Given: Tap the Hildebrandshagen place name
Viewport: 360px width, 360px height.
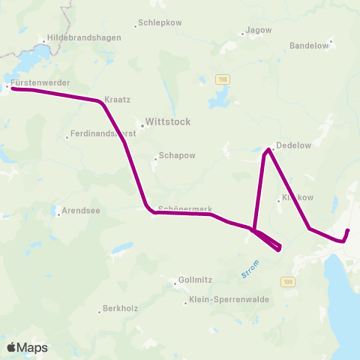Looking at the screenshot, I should point(79,36).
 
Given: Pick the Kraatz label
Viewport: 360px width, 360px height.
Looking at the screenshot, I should point(118,99).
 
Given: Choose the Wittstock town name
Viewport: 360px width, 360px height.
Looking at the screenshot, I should point(169,121).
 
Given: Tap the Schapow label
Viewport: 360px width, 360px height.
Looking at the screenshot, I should point(177,157).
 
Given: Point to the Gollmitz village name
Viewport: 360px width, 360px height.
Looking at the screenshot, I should point(195,280).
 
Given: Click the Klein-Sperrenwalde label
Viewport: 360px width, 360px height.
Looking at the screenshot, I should point(229,301).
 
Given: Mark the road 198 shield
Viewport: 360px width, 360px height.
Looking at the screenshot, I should point(222,79).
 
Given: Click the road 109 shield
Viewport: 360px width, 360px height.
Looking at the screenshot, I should point(288,281).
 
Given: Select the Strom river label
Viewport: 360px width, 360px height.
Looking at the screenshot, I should point(250,268).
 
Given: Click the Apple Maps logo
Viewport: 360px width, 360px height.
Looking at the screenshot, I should point(27,347).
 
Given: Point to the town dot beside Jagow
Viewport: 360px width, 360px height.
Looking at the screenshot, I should point(242,34).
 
